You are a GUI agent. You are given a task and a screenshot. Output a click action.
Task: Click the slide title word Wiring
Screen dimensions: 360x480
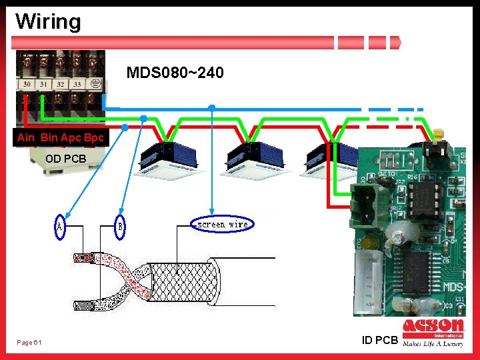(48, 21)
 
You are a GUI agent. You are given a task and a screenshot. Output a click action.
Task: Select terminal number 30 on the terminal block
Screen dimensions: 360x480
(27, 85)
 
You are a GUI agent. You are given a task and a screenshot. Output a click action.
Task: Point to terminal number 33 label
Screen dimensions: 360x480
(77, 85)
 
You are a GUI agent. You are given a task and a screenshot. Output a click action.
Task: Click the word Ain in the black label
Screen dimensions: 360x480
(26, 137)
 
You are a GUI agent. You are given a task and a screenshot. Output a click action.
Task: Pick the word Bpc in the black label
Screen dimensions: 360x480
(94, 137)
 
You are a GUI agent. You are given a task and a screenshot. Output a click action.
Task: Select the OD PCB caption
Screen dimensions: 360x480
(66, 159)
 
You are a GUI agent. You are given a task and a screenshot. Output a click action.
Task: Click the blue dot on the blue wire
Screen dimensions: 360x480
(211, 107)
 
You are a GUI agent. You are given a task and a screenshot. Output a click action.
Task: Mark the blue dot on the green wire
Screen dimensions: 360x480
(143, 119)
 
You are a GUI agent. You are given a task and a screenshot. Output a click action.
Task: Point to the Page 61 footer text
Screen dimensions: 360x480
(29, 343)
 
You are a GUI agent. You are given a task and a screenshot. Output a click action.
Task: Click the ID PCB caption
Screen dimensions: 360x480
(380, 341)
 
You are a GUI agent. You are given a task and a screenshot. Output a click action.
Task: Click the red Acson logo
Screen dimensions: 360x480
(433, 327)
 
